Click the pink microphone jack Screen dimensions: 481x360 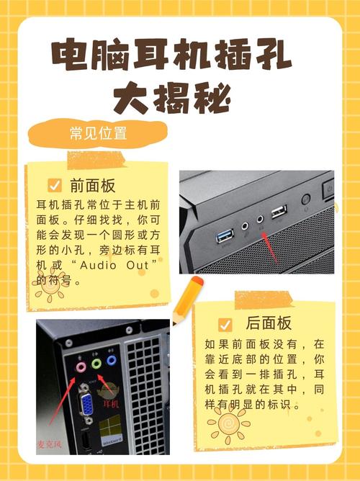(x=81, y=364)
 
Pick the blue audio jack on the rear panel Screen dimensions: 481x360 (x=112, y=362)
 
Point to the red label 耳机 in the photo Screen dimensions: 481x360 (x=111, y=405)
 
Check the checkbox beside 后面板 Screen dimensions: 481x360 (x=225, y=323)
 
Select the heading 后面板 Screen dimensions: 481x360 (x=268, y=323)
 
